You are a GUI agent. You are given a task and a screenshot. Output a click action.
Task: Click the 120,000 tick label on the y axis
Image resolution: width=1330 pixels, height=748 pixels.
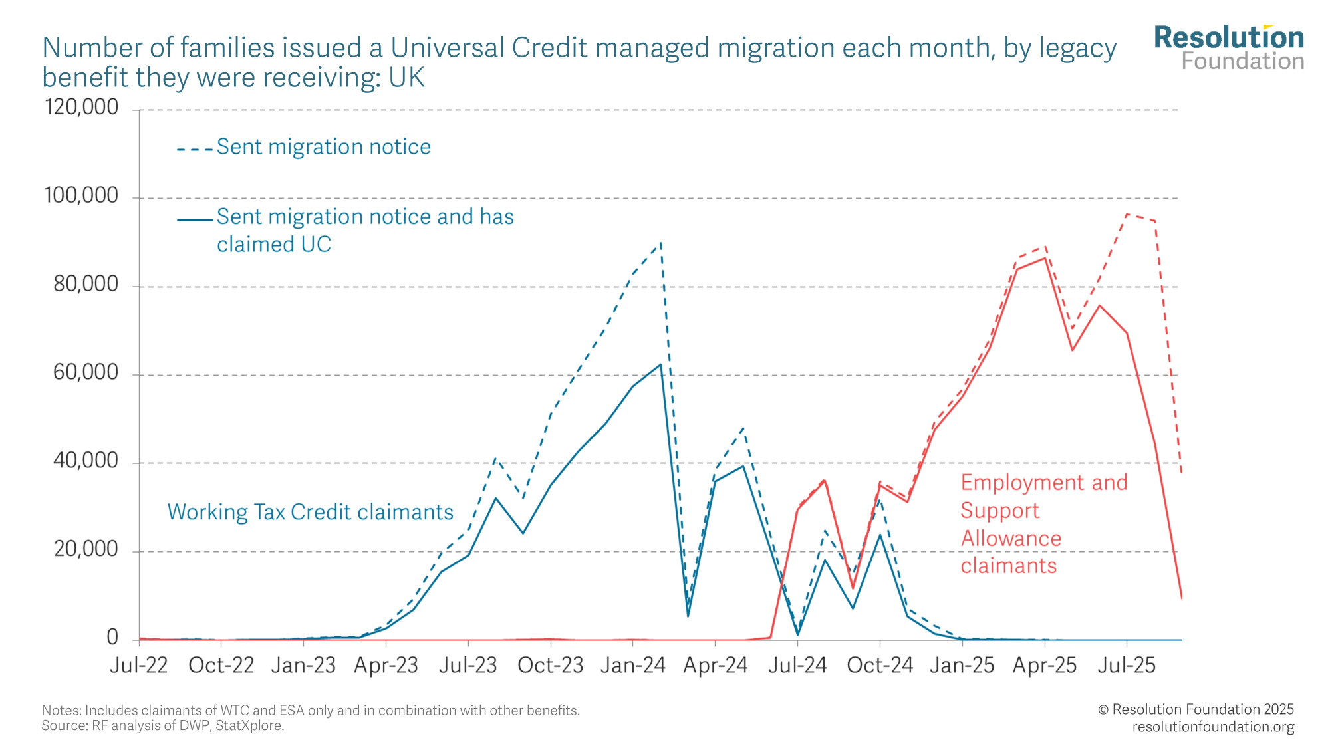[81, 107]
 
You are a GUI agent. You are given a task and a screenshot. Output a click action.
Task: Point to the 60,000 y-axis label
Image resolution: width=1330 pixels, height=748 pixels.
[86, 372]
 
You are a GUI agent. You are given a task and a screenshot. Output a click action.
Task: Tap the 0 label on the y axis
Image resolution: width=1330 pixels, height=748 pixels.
[112, 638]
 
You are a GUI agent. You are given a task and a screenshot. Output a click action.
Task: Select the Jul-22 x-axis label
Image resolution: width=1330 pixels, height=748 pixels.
[139, 665]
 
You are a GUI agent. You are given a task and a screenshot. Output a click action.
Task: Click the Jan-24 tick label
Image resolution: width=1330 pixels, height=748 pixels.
[632, 665]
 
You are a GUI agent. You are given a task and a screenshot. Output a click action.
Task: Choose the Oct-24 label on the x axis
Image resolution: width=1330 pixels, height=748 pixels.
[880, 665]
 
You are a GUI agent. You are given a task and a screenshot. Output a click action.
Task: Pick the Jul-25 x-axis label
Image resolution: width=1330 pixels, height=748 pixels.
[1127, 665]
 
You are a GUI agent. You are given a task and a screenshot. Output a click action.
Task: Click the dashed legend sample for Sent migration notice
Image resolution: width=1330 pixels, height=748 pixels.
[194, 149]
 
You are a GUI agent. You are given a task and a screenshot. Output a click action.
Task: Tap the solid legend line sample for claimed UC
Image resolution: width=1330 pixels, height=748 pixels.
[194, 219]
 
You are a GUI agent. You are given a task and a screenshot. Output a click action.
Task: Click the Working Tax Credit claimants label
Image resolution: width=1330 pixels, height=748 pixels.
[310, 512]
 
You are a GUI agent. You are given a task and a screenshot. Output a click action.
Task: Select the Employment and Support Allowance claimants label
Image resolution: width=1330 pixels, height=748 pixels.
[1043, 524]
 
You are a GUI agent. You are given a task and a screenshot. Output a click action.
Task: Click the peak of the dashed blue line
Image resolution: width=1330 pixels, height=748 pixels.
[660, 243]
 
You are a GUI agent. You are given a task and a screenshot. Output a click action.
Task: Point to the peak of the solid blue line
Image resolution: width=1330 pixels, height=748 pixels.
[660, 364]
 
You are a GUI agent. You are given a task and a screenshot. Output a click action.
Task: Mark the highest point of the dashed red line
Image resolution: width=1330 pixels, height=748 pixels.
[1127, 214]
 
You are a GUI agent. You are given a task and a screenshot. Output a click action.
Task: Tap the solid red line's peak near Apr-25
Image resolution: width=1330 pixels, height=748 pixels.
[1045, 258]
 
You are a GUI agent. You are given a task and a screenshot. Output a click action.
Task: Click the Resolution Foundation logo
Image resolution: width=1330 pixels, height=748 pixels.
[1229, 48]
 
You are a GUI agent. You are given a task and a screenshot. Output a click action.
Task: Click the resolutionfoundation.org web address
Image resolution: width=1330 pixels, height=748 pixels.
[1213, 727]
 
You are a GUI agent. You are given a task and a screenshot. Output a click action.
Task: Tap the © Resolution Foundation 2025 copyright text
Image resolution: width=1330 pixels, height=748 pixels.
[1196, 709]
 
